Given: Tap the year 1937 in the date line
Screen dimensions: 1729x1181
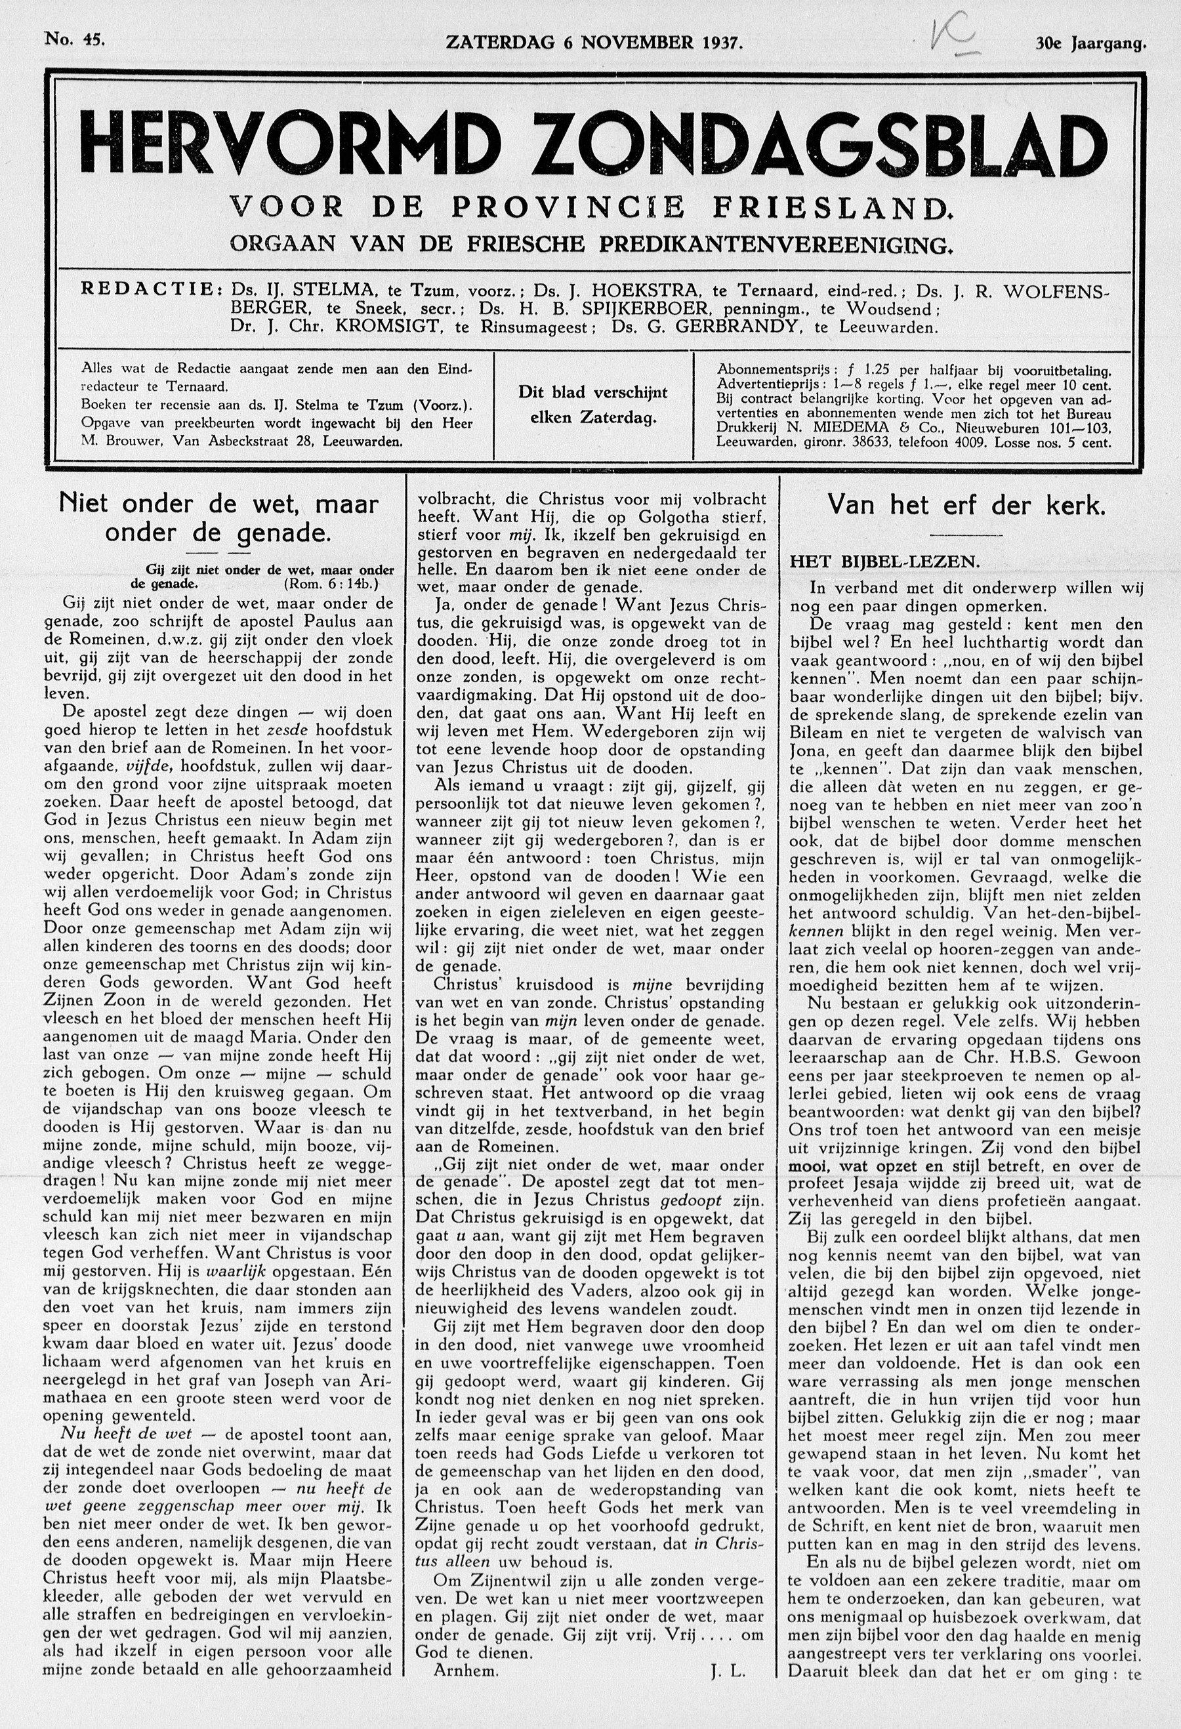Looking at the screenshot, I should (x=722, y=43).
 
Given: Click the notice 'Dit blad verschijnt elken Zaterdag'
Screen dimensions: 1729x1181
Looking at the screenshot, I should (x=593, y=405).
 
